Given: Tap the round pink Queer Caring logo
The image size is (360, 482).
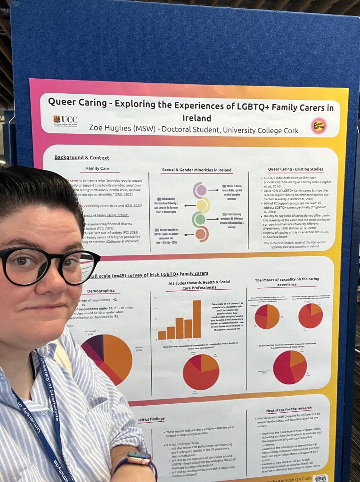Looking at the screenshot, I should click(319, 126).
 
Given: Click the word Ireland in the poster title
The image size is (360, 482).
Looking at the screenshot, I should click(196, 118).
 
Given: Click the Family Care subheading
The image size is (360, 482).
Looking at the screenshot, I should click(98, 168).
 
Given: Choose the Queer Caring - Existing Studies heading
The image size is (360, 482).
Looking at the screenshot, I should click(295, 169).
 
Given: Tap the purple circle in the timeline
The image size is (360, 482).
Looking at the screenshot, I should click(201, 190).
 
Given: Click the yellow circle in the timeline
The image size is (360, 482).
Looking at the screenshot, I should click(203, 205).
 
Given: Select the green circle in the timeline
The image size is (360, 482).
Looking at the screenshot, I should click(200, 219).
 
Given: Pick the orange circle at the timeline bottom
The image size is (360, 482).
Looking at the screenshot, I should click(201, 234).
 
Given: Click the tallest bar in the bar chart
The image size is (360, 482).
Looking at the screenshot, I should click(196, 319).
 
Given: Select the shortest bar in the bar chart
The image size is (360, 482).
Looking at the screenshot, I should click(162, 335).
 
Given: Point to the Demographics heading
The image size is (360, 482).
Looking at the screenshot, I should click(101, 291).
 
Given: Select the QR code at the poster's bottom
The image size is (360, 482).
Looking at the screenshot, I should click(320, 478).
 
